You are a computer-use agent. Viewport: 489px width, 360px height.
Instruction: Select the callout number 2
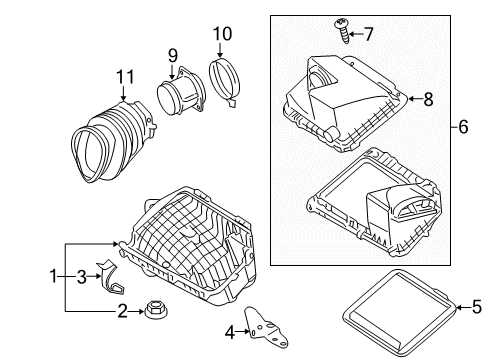pos(120,311)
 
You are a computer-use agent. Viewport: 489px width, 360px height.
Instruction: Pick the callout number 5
pos(476,308)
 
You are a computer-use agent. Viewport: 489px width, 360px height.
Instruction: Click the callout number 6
pos(463,127)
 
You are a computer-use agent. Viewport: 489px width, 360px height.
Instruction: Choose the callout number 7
pos(369,34)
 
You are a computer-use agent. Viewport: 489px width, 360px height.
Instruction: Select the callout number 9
pos(172,55)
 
